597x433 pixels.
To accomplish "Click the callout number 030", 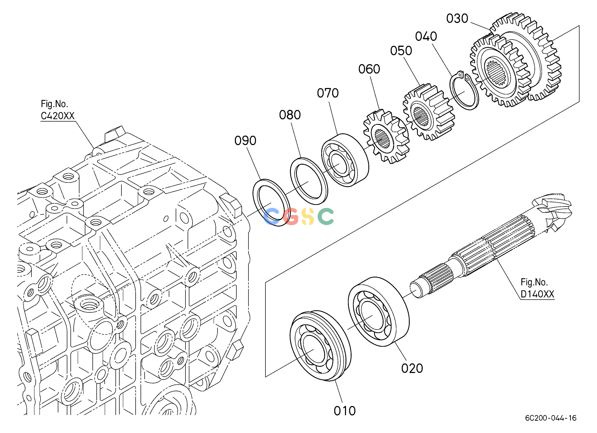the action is [x=457, y=19].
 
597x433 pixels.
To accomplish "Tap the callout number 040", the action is [x=426, y=36].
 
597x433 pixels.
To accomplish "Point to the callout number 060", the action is [x=369, y=69].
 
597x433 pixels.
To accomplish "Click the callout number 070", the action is [x=328, y=93].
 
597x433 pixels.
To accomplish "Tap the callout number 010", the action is [x=345, y=411].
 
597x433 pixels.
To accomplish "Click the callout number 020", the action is [x=412, y=368].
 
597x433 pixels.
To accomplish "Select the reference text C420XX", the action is [x=58, y=116].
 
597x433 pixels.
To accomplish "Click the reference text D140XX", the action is [x=537, y=294].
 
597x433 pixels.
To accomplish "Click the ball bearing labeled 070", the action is [x=345, y=160].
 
